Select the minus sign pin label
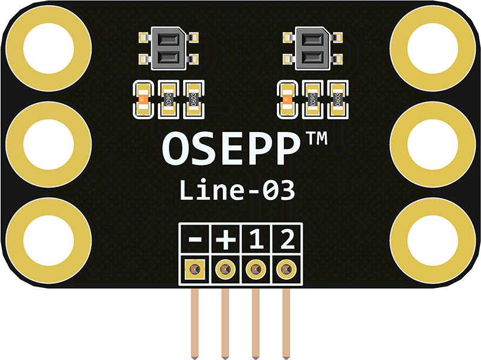pos(197,240)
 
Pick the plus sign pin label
pos(226,240)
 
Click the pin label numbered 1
pos(256,240)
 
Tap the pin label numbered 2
pos(286,240)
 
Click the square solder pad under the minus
pos(195,270)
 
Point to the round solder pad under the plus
pos(225,270)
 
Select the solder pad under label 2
pos(286,270)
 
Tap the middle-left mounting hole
pos(49,144)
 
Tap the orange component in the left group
pos(143,97)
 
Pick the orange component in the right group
pos(286,97)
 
